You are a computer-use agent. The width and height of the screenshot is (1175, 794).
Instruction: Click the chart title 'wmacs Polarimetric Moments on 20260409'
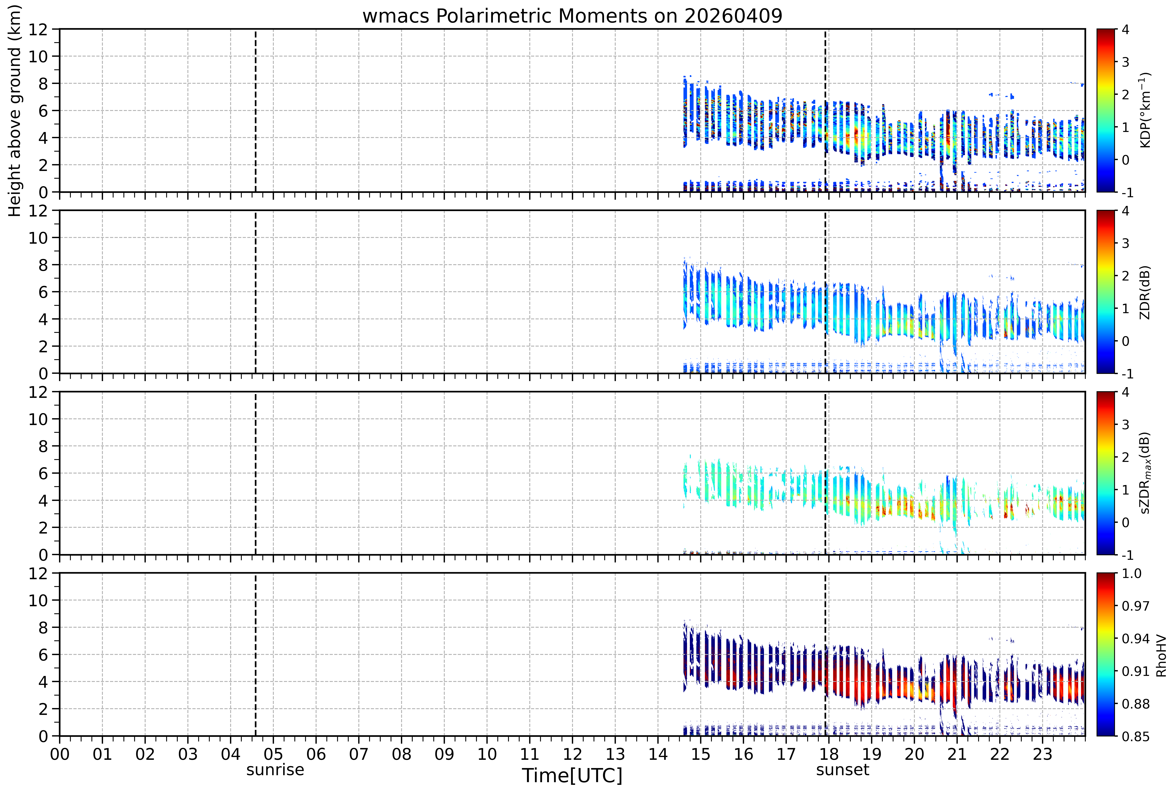click(x=572, y=16)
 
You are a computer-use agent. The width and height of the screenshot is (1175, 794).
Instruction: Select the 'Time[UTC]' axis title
click(x=572, y=775)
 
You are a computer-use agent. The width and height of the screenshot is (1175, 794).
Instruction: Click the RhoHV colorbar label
click(x=1161, y=655)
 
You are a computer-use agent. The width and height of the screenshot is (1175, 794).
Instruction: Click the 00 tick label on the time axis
click(x=60, y=755)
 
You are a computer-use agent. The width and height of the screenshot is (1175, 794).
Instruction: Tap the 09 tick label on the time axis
click(x=444, y=755)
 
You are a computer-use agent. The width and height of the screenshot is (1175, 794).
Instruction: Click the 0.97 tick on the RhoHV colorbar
click(x=1136, y=606)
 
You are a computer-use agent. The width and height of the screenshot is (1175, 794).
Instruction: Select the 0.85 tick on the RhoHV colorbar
click(x=1136, y=736)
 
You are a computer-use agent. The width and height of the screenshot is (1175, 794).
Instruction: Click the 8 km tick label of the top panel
click(x=43, y=83)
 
